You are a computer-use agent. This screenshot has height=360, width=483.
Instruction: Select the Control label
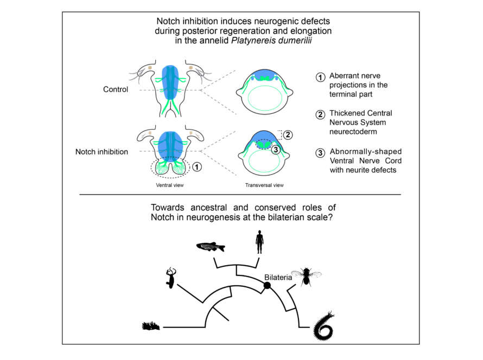click(115, 89)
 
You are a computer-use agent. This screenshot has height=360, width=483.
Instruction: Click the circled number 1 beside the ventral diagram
click(198, 168)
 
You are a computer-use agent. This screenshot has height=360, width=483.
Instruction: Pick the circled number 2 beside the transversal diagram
click(288, 133)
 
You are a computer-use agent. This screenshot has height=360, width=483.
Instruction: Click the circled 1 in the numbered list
click(321, 76)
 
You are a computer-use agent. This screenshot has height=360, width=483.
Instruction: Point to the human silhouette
click(260, 242)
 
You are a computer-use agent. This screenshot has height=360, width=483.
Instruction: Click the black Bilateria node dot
click(267, 285)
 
